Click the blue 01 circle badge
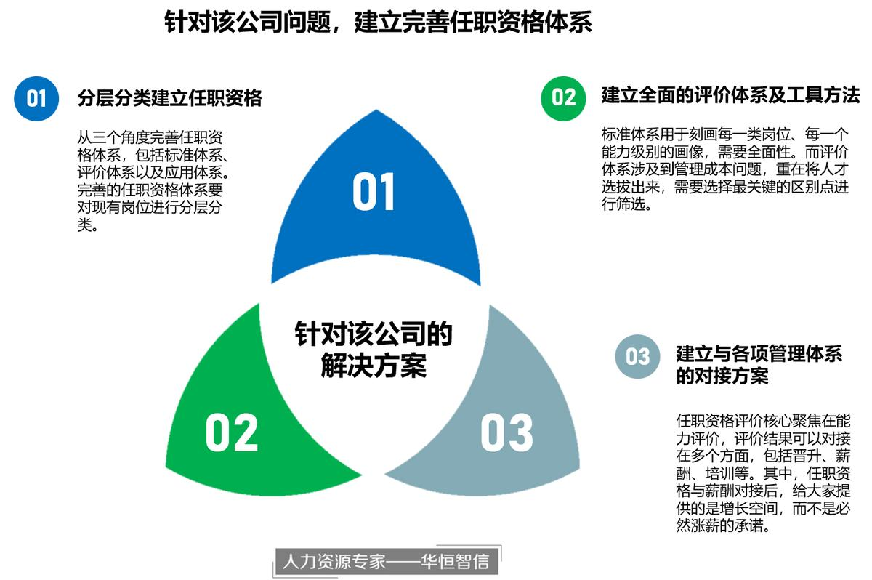[36, 98]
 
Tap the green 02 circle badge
[563, 98]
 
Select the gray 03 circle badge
[638, 356]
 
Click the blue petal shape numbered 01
[376, 218]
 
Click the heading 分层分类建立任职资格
[170, 97]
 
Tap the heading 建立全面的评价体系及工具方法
[731, 95]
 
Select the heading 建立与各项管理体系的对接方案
[759, 365]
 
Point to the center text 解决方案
[374, 366]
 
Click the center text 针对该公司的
[374, 334]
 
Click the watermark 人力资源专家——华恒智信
[386, 561]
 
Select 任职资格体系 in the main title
[520, 22]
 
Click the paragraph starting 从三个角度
[153, 181]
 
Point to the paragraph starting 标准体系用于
[725, 169]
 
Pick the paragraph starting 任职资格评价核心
[764, 473]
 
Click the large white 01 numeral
[374, 192]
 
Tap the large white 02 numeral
[232, 432]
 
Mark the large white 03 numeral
[507, 432]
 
